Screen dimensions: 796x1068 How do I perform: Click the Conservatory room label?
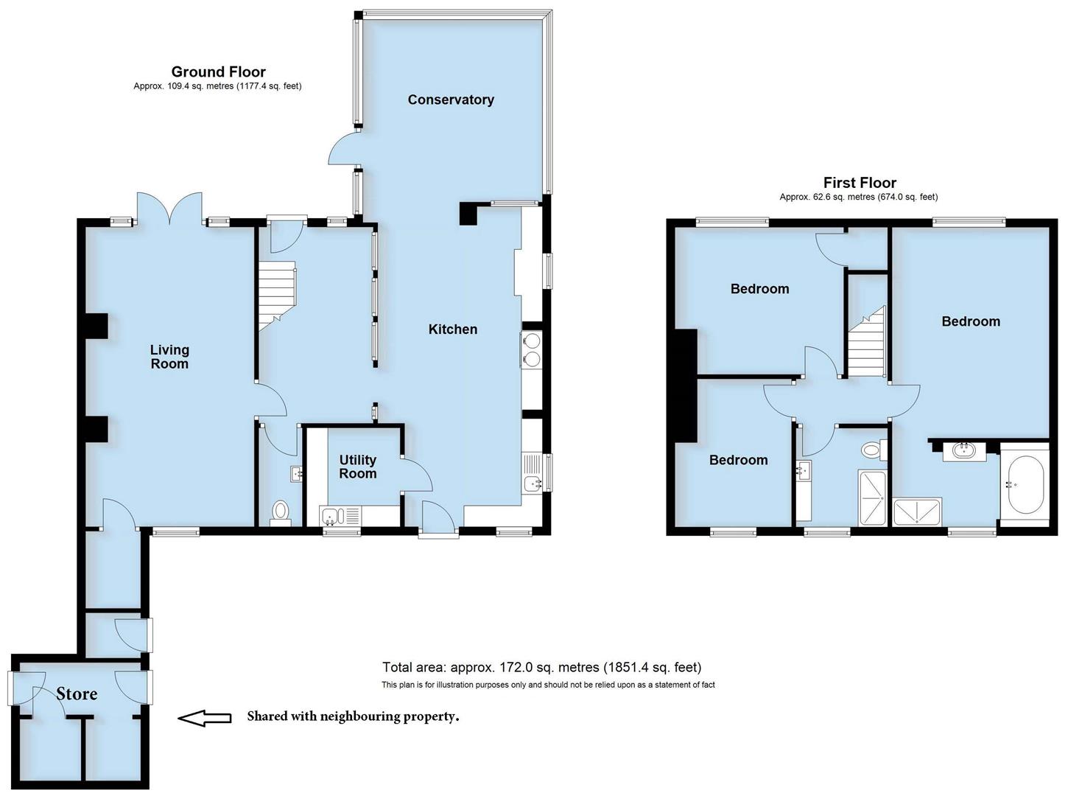pos(451,99)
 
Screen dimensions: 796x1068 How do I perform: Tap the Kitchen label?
pos(453,329)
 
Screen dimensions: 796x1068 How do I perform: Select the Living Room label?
pos(169,357)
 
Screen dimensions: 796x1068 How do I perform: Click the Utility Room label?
pos(357,467)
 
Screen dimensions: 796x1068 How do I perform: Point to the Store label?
pos(77,694)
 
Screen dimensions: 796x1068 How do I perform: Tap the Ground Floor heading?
pos(218,71)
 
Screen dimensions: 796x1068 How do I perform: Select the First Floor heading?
pos(860,183)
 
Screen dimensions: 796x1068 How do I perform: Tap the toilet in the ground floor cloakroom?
pos(280,510)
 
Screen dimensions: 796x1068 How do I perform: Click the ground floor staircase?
pos(276,292)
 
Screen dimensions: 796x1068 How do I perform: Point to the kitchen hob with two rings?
pos(531,349)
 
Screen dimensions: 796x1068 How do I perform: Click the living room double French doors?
pos(169,207)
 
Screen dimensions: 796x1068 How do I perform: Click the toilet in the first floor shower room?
pos(871,449)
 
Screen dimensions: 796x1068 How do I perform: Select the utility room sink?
pos(329,517)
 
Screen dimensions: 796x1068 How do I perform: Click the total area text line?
pos(541,668)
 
